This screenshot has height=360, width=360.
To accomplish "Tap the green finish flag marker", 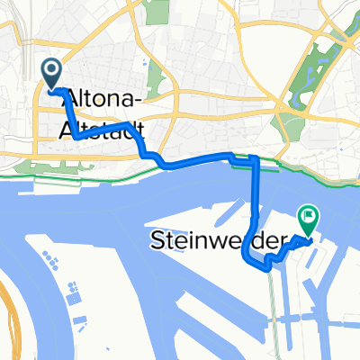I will click(x=309, y=217).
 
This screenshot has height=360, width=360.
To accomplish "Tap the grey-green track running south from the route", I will click(x=272, y=306).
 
